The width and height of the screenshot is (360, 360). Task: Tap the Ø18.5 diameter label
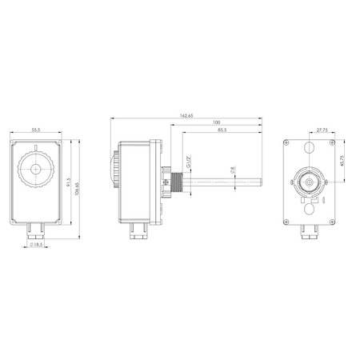point(38,245)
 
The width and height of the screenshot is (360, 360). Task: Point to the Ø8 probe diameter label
point(232,170)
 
